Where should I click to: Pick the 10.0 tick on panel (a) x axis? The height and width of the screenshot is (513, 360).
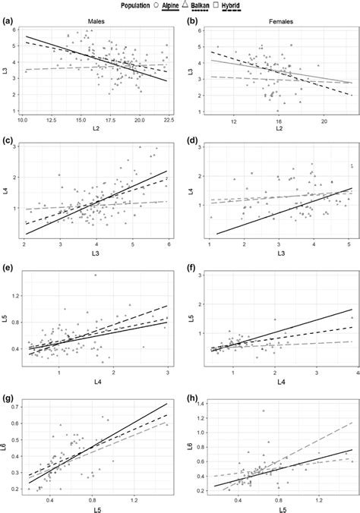point(23,120)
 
